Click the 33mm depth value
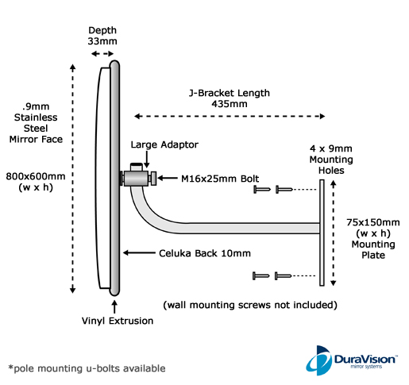(102, 41)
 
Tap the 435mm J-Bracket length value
(230, 104)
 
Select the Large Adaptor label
(164, 144)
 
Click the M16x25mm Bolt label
(220, 179)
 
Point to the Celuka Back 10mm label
(205, 253)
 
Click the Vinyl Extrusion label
(118, 321)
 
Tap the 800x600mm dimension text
(36, 176)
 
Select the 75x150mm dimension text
(373, 222)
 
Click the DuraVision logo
(352, 360)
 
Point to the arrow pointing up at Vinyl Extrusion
(114, 306)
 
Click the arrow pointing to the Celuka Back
(139, 252)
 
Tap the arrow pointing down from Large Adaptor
(146, 159)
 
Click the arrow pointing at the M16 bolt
(168, 178)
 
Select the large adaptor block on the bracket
(136, 178)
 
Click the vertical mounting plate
(322, 233)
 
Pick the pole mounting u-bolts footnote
(87, 368)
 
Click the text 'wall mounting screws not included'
(250, 305)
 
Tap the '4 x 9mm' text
(331, 148)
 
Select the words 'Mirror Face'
(36, 139)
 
